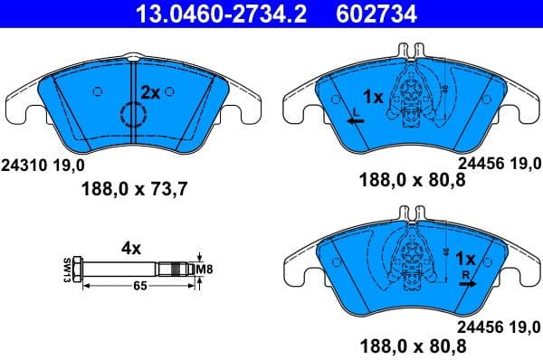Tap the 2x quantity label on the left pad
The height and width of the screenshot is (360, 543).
point(150,91)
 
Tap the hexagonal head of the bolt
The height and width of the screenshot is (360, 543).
point(80,269)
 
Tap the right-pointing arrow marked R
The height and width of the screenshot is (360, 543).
point(466,281)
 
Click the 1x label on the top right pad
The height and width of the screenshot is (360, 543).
point(374,95)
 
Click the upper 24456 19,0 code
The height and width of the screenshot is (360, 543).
point(499,165)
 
